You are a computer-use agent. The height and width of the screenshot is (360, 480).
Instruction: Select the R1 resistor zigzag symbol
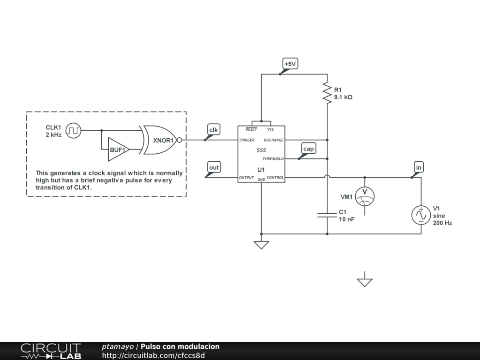pyautogui.click(x=327, y=92)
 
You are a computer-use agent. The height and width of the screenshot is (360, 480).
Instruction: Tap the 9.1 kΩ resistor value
pyautogui.click(x=343, y=97)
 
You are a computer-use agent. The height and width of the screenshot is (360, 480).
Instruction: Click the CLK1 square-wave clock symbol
pyautogui.click(x=73, y=130)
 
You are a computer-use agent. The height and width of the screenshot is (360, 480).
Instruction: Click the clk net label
pyautogui.click(x=213, y=130)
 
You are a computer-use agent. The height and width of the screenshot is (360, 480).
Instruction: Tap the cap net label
pyautogui.click(x=308, y=149)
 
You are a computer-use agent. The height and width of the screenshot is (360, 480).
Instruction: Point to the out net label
pyautogui.click(x=214, y=168)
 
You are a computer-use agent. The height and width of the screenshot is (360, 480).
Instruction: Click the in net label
pyautogui.click(x=419, y=167)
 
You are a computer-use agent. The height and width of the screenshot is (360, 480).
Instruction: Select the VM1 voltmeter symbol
pyautogui.click(x=365, y=196)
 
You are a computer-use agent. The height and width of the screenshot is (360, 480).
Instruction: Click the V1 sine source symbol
pyautogui.click(x=420, y=215)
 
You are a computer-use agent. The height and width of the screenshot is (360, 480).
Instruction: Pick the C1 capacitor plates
pyautogui.click(x=327, y=215)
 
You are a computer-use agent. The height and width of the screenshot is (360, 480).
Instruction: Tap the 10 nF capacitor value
pyautogui.click(x=346, y=219)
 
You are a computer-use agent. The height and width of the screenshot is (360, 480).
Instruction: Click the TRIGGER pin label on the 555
pyautogui.click(x=247, y=140)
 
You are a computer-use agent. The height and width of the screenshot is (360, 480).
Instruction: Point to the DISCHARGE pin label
pyautogui.click(x=273, y=140)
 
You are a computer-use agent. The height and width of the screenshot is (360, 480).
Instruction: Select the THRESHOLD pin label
pyautogui.click(x=273, y=159)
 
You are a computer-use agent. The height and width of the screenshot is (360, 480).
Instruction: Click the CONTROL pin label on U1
pyautogui.click(x=275, y=178)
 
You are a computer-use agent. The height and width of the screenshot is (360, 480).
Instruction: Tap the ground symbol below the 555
pyautogui.click(x=261, y=244)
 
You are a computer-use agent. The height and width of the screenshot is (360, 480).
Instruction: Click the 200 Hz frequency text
pyautogui.click(x=442, y=223)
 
